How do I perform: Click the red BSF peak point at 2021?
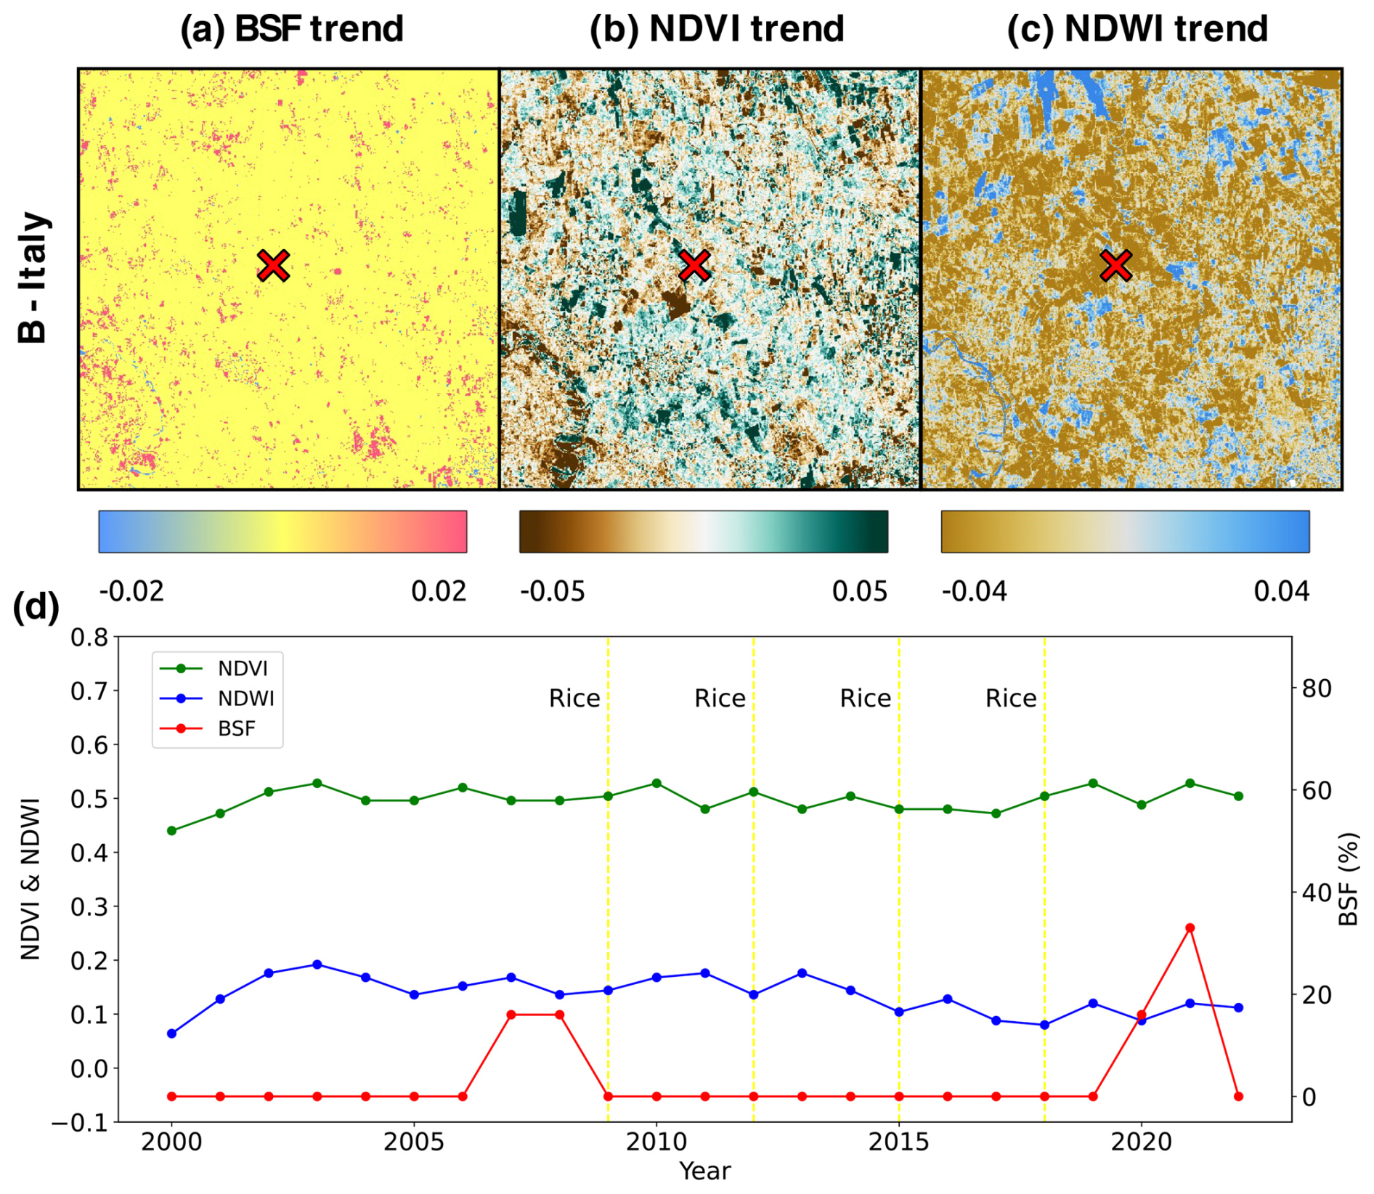click(x=1190, y=928)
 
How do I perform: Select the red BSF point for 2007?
click(x=511, y=1015)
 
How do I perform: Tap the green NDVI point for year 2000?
click(x=172, y=831)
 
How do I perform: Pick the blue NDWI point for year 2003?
click(x=317, y=964)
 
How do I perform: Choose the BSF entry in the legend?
click(x=236, y=728)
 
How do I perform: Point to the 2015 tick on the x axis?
click(x=899, y=1142)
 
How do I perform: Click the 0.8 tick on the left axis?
click(x=89, y=638)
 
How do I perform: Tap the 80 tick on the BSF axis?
click(x=1316, y=689)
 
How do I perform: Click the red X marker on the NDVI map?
click(x=695, y=266)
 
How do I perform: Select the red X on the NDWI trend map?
click(x=1115, y=266)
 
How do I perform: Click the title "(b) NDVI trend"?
click(x=717, y=29)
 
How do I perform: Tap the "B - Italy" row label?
click(x=33, y=277)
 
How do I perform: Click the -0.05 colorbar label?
click(x=553, y=592)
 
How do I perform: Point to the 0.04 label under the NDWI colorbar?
click(x=1281, y=592)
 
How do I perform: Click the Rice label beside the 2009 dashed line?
click(x=574, y=699)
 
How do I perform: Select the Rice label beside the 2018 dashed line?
click(x=1011, y=699)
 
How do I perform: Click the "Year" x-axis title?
click(x=704, y=1171)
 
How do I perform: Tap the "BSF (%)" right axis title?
click(x=1348, y=880)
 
